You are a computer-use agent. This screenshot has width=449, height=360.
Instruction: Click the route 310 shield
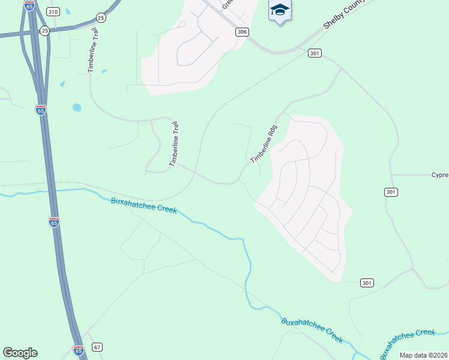coord(53,12)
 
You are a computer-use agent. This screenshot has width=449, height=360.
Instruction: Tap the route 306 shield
coord(242,32)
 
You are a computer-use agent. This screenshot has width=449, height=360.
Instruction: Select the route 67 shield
coord(98,347)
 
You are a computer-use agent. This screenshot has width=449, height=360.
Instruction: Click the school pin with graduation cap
coord(280,11)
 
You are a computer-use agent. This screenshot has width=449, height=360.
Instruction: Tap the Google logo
coord(20,353)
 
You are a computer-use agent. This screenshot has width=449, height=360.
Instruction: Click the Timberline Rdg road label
coord(264,143)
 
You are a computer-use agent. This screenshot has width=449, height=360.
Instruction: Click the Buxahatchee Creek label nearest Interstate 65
coord(144,206)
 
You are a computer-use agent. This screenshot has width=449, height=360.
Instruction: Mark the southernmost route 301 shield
coord(367,283)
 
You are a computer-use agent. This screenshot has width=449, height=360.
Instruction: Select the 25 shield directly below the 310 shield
coord(44,30)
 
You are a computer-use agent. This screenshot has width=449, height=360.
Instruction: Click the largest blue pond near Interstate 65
coord(77,108)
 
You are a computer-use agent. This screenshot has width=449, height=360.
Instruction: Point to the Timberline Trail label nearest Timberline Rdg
coord(174,145)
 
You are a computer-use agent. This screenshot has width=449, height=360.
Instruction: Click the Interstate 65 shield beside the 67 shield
coord(79,350)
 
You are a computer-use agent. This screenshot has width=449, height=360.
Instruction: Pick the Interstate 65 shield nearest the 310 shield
coord(29,5)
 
